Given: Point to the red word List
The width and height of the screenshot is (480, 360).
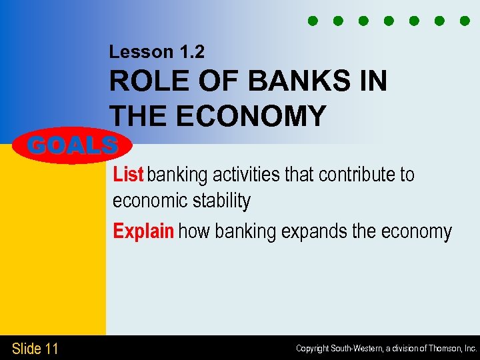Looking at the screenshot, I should click(128, 175).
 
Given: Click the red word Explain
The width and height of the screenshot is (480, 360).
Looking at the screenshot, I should click(143, 231).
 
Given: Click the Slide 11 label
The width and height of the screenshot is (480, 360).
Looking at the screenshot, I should click(35, 348).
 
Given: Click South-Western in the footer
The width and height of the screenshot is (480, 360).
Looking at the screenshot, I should click(355, 349).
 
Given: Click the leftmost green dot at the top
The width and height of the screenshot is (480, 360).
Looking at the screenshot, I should click(312, 21).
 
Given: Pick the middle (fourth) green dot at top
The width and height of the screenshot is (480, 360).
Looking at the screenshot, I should click(389, 21).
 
